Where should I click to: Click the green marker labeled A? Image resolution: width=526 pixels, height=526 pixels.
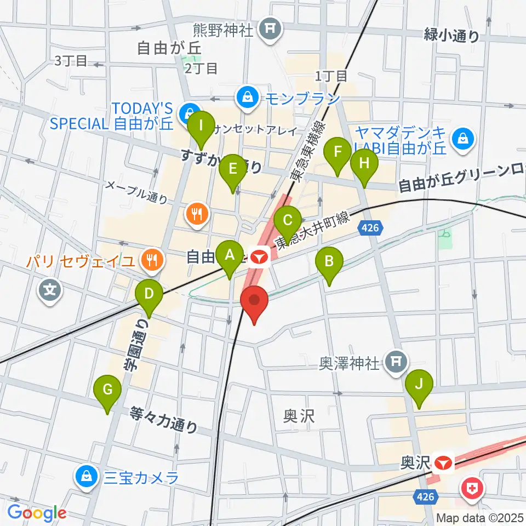(230, 255)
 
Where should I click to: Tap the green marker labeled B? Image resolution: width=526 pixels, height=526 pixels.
(329, 261)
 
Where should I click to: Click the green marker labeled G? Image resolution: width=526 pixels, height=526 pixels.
(108, 390)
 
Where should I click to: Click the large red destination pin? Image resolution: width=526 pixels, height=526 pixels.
(255, 302)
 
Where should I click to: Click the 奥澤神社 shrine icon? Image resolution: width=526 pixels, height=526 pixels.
(397, 362)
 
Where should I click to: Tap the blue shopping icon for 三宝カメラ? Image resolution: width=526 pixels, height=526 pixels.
(87, 477)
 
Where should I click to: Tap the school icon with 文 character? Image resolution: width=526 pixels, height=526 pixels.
(50, 288)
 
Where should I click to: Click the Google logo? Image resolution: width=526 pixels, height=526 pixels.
(37, 513)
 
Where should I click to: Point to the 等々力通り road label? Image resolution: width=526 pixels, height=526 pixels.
(164, 419)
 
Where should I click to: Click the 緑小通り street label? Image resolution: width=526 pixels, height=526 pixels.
(451, 36)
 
